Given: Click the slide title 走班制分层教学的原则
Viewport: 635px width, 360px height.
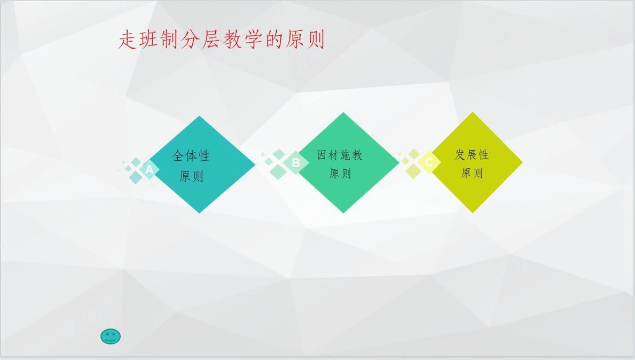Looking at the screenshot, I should pyautogui.click(x=221, y=40).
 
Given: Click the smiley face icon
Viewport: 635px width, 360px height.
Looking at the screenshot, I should pyautogui.click(x=111, y=336).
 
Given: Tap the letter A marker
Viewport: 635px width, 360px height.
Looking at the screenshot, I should pyautogui.click(x=149, y=170).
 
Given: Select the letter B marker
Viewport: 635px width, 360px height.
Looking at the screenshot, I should pyautogui.click(x=296, y=162).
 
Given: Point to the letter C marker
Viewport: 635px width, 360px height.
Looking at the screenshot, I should pyautogui.click(x=428, y=162).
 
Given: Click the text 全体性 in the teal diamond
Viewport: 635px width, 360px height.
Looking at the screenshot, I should pyautogui.click(x=191, y=156).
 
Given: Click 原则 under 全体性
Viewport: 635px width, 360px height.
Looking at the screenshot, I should pyautogui.click(x=191, y=176).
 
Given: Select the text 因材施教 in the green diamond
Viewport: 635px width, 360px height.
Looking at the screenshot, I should pyautogui.click(x=340, y=155).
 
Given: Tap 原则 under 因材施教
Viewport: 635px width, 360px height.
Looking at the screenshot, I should pyautogui.click(x=340, y=173).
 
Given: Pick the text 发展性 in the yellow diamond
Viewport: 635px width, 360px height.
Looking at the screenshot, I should pyautogui.click(x=472, y=154).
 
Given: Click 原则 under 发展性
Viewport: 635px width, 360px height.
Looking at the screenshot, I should pyautogui.click(x=472, y=173).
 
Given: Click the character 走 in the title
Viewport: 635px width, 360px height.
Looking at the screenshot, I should pyautogui.click(x=128, y=40).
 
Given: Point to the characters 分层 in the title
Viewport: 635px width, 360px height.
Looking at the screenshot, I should pyautogui.click(x=200, y=40).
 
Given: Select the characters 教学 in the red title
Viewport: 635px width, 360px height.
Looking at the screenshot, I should pyautogui.click(x=243, y=40).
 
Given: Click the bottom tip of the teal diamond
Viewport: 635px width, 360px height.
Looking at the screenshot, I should pyautogui.click(x=200, y=211).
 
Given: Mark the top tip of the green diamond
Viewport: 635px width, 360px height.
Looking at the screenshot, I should pyautogui.click(x=343, y=114).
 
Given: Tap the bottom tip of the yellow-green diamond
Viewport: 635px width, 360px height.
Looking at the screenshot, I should pyautogui.click(x=473, y=211).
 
